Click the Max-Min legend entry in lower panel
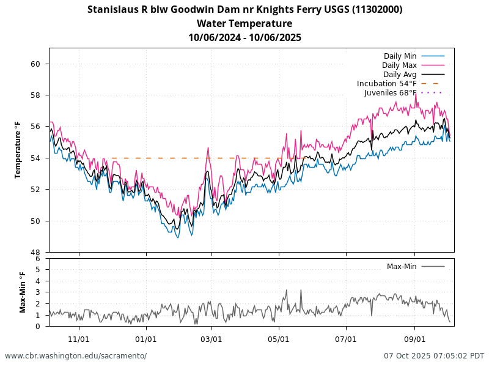[402, 267]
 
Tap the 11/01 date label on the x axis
[79, 339]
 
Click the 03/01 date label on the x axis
[211, 339]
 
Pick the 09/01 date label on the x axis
[414, 339]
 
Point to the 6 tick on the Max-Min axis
[38, 259]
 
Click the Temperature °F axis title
[18, 150]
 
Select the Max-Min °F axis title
[23, 292]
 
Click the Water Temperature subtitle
[244, 24]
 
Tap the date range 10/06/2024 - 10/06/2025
[244, 38]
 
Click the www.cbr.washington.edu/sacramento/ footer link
[76, 356]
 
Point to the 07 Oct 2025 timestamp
[434, 356]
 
